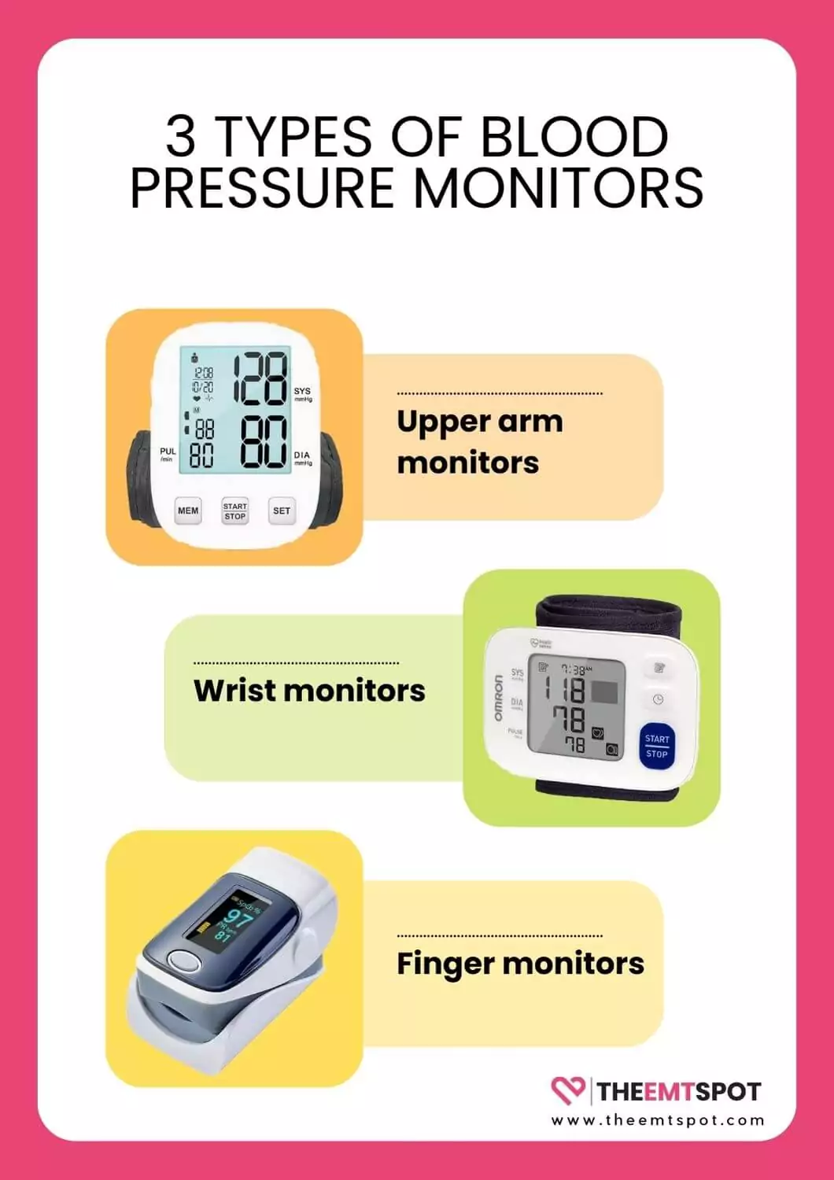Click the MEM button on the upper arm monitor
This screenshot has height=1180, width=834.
pos(188,511)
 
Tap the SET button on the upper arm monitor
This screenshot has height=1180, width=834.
pos(282,511)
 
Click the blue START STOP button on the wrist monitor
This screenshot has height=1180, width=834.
pos(657,746)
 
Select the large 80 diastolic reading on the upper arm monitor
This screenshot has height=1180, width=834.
pos(262,442)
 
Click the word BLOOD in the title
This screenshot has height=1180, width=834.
pos(574,136)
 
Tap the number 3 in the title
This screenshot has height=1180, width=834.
pos(180,136)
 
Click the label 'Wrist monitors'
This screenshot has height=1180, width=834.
pos(309,690)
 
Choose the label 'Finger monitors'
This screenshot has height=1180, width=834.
pos(520,963)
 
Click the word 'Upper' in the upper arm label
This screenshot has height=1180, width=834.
pos(437,422)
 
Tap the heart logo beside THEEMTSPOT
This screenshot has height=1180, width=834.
pos(568,1090)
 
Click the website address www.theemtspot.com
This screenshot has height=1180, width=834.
pos(657,1120)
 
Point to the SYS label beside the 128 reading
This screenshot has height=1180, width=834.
pos(302,391)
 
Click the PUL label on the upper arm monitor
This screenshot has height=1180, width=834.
pos(168,452)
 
